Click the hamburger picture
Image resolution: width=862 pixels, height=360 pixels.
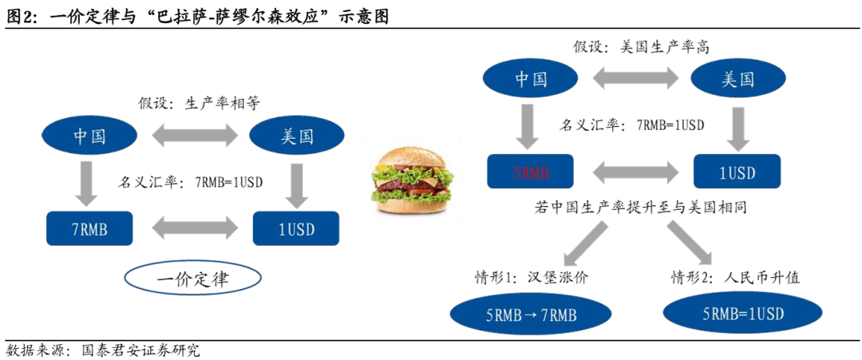pyautogui.click(x=411, y=180)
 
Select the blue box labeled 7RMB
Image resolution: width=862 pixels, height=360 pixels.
pyautogui.click(x=89, y=229)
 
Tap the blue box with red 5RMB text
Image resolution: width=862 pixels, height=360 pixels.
pyautogui.click(x=530, y=171)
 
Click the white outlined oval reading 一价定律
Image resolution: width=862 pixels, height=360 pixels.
pyautogui.click(x=192, y=279)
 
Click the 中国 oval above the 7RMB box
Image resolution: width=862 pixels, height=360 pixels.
pyautogui.click(x=89, y=136)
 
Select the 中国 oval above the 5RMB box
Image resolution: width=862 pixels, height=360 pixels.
pyautogui.click(x=530, y=79)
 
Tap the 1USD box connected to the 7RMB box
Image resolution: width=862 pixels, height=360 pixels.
pyautogui.click(x=296, y=229)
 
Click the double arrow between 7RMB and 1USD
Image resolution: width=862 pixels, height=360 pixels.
pyautogui.click(x=192, y=229)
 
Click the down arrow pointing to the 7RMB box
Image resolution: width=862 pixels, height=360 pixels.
pyautogui.click(x=89, y=181)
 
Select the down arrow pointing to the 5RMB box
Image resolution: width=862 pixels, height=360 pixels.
pyautogui.click(x=530, y=125)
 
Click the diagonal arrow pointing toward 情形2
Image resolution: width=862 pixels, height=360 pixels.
pyautogui.click(x=688, y=243)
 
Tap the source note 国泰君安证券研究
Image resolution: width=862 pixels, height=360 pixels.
pyautogui.click(x=136, y=350)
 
